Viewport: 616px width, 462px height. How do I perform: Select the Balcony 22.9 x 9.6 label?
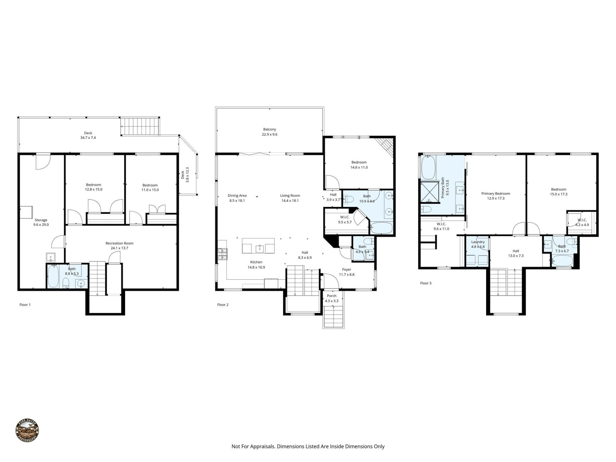point(269,132)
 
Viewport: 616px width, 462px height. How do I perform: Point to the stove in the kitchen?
point(222,254)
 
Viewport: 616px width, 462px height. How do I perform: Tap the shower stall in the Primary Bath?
point(430,192)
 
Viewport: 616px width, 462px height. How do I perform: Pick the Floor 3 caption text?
point(426,283)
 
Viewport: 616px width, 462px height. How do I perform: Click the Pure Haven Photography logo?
point(27,431)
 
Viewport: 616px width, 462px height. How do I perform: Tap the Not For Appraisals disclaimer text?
point(308,446)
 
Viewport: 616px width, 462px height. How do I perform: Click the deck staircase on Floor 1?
point(140,126)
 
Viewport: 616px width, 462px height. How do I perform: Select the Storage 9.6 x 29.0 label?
point(41,222)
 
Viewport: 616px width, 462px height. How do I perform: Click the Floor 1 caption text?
point(25,304)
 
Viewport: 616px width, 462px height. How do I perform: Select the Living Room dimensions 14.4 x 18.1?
point(290,201)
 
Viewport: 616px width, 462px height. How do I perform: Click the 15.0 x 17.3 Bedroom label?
point(559,192)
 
